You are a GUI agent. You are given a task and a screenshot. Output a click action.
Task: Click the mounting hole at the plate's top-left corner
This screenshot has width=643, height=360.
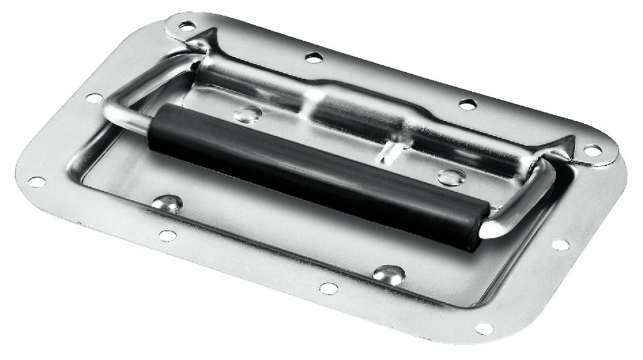186,26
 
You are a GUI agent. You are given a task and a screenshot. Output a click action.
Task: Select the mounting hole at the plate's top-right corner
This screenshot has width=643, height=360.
592,151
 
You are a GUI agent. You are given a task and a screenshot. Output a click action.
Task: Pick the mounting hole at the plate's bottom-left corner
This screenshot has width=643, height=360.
36,182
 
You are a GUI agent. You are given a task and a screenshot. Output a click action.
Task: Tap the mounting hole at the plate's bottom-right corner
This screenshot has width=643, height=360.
484,328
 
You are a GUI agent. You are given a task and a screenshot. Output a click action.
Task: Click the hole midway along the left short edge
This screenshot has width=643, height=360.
94,98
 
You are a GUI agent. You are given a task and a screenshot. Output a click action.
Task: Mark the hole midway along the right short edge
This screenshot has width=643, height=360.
559,244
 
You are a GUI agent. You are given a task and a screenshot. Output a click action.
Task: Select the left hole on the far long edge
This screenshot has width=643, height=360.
314,58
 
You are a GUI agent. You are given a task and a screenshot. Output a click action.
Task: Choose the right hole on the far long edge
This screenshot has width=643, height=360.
467,104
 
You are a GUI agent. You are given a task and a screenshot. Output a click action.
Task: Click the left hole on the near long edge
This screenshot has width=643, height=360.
167,235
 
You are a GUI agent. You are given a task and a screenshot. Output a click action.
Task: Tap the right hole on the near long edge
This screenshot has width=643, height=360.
328,288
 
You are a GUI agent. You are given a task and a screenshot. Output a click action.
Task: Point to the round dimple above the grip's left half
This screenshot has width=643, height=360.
248,114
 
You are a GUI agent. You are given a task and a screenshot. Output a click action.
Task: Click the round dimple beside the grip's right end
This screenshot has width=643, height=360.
451,177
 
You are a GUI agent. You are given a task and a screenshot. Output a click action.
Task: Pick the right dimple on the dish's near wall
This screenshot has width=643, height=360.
389,273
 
